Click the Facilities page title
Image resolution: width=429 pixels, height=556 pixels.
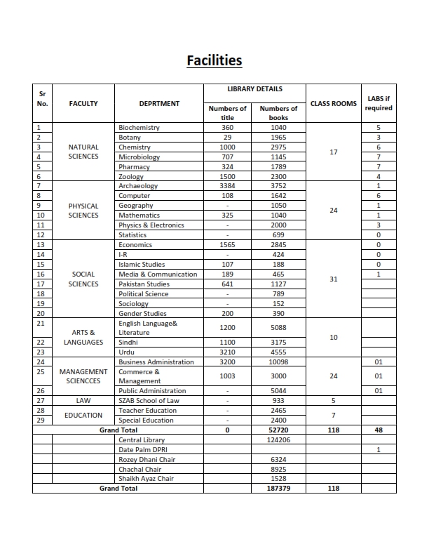[x=214, y=60]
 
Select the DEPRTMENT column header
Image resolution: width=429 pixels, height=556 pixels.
[x=159, y=103]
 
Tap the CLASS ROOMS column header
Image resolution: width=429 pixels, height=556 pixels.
[x=333, y=103]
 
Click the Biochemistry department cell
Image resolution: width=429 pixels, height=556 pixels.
[x=139, y=128]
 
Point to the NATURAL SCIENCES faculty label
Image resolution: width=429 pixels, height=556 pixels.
[x=83, y=152]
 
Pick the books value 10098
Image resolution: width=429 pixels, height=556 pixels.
[x=278, y=362]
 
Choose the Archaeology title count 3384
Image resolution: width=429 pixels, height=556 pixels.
[x=227, y=186]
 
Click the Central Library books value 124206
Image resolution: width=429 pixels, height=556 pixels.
[x=278, y=439]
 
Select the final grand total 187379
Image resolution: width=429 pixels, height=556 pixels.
[x=278, y=488]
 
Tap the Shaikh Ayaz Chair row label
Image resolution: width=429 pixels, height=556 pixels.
[x=146, y=479]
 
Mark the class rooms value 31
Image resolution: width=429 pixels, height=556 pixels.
[x=333, y=279]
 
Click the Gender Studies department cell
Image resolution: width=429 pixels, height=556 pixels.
[x=142, y=313]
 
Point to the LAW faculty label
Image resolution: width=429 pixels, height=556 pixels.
[x=83, y=400]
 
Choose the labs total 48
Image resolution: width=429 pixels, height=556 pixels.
[x=379, y=430]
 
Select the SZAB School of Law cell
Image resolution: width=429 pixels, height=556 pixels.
[x=149, y=400]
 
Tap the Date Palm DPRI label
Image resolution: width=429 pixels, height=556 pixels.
[x=142, y=449]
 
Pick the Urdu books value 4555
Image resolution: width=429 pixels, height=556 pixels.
[x=278, y=352]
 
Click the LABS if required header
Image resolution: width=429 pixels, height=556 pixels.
[x=379, y=103]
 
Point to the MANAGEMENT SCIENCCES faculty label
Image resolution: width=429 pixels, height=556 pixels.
[x=83, y=376]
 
